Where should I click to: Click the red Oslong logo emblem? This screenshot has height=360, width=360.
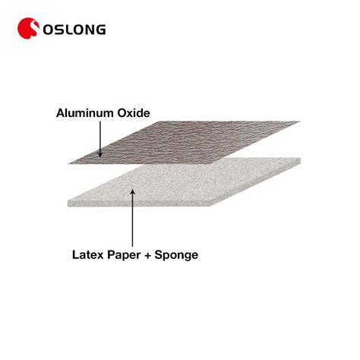28,28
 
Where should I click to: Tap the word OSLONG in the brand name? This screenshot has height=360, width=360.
74,30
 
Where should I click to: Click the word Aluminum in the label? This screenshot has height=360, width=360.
85,113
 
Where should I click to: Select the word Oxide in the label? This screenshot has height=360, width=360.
134,113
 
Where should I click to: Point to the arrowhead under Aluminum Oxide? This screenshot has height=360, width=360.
100,154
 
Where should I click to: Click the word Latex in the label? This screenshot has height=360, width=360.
88,254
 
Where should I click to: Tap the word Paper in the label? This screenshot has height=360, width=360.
124,255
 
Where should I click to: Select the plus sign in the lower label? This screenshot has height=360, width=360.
147,255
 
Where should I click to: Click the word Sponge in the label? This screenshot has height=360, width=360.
176,255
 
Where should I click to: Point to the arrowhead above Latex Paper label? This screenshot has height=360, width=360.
132,192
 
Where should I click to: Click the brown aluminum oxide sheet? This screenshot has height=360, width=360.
185,142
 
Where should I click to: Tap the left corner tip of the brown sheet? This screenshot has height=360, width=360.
69,163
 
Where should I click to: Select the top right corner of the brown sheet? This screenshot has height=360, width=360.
300,122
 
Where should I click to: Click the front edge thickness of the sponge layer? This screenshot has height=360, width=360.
139,204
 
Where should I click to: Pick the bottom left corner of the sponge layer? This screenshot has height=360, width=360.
68,207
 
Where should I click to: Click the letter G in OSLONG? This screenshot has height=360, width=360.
101,30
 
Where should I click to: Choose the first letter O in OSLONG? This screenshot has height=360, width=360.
48,30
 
